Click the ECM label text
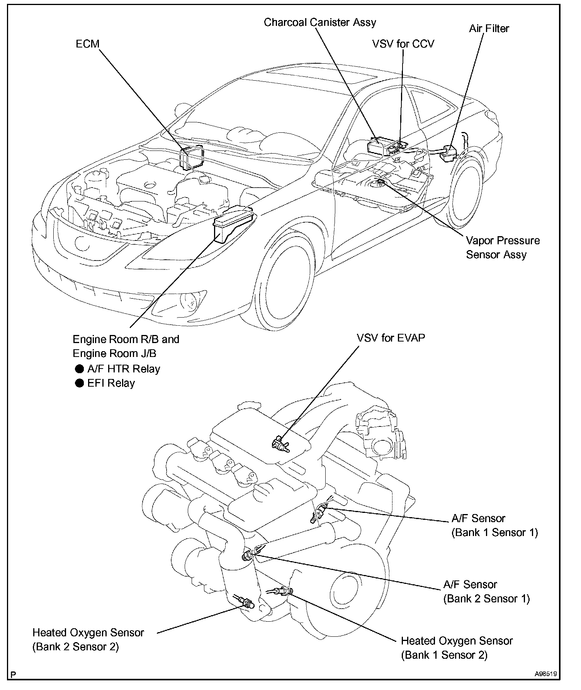coord(87,44)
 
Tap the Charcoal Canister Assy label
coord(320,22)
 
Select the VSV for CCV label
coord(403,44)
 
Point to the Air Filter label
coord(489,29)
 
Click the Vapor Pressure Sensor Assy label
coord(502,248)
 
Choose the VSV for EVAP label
coord(391,338)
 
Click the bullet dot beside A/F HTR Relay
coord(79,369)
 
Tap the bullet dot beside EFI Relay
coord(79,383)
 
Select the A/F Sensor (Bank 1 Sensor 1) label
coord(494,525)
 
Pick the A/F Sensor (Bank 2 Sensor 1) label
coord(486,591)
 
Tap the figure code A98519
coord(545,674)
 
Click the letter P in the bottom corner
coord(14,675)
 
